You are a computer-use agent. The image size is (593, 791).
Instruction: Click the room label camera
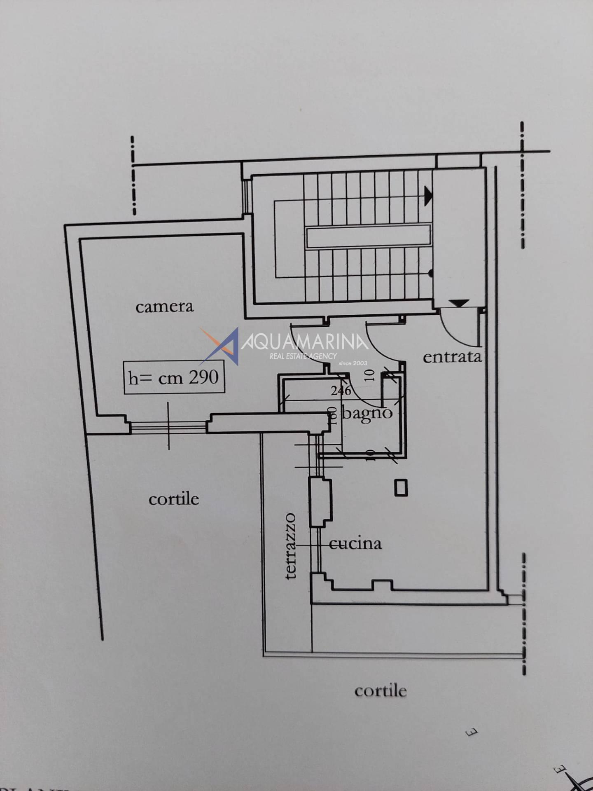(164, 307)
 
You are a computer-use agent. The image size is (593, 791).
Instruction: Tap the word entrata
(452, 357)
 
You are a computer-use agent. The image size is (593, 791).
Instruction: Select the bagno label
(367, 413)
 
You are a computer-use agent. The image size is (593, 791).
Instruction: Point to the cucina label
(356, 544)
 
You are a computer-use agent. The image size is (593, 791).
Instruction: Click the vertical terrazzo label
(291, 546)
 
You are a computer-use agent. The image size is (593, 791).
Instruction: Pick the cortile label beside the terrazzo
(173, 499)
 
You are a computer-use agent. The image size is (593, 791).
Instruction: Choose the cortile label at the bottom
(381, 691)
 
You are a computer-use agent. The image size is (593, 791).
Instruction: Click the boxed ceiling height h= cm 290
(174, 377)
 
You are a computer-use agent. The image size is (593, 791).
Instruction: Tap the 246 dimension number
(341, 390)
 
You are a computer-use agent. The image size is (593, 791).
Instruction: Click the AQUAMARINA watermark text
(305, 342)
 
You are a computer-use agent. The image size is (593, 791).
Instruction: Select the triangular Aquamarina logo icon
(222, 346)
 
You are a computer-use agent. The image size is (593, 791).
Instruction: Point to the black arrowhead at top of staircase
(428, 196)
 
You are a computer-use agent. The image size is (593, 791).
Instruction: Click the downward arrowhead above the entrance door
(459, 303)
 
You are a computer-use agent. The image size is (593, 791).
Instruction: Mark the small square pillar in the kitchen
(401, 487)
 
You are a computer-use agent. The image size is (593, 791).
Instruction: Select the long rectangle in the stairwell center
(368, 236)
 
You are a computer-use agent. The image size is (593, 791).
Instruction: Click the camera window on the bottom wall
(168, 427)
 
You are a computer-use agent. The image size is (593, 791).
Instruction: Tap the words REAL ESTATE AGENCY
(303, 356)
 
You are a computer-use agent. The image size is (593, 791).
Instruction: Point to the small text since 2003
(353, 363)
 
